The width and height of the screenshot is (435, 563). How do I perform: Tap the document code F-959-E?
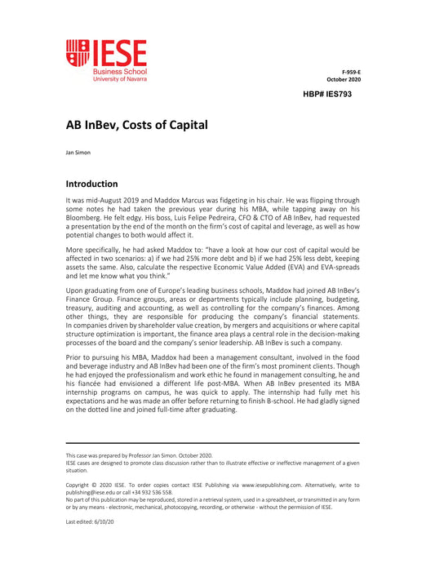coord(351,72)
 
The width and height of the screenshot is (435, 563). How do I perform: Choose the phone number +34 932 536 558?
coord(153,492)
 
